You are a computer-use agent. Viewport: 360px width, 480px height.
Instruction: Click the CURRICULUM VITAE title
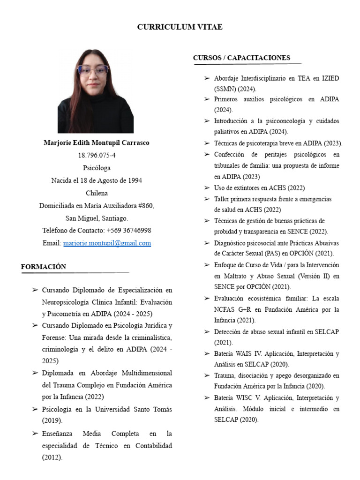[180, 27]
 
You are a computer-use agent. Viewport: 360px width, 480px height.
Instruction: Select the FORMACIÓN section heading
[44, 267]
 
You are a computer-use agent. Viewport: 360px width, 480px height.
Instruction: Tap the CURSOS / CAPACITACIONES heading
[241, 58]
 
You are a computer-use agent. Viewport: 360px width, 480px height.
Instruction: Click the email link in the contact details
[107, 243]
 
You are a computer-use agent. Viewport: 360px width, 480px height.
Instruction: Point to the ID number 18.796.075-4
[97, 155]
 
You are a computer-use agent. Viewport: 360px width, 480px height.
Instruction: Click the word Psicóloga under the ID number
[97, 168]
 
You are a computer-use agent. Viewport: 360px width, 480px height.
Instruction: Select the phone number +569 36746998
[128, 231]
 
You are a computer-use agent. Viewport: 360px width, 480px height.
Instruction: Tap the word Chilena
[97, 193]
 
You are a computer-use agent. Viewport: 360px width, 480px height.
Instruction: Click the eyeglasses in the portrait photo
[93, 71]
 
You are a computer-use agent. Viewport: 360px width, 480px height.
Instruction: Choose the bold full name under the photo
[97, 142]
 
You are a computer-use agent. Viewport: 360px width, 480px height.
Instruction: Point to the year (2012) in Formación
[52, 457]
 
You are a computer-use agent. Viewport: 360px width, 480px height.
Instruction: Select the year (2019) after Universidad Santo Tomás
[52, 420]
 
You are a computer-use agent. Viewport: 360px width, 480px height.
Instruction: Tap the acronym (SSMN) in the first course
[225, 89]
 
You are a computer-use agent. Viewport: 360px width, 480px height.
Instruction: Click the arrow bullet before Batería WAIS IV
[207, 353]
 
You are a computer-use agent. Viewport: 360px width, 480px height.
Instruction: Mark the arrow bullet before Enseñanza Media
[35, 433]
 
